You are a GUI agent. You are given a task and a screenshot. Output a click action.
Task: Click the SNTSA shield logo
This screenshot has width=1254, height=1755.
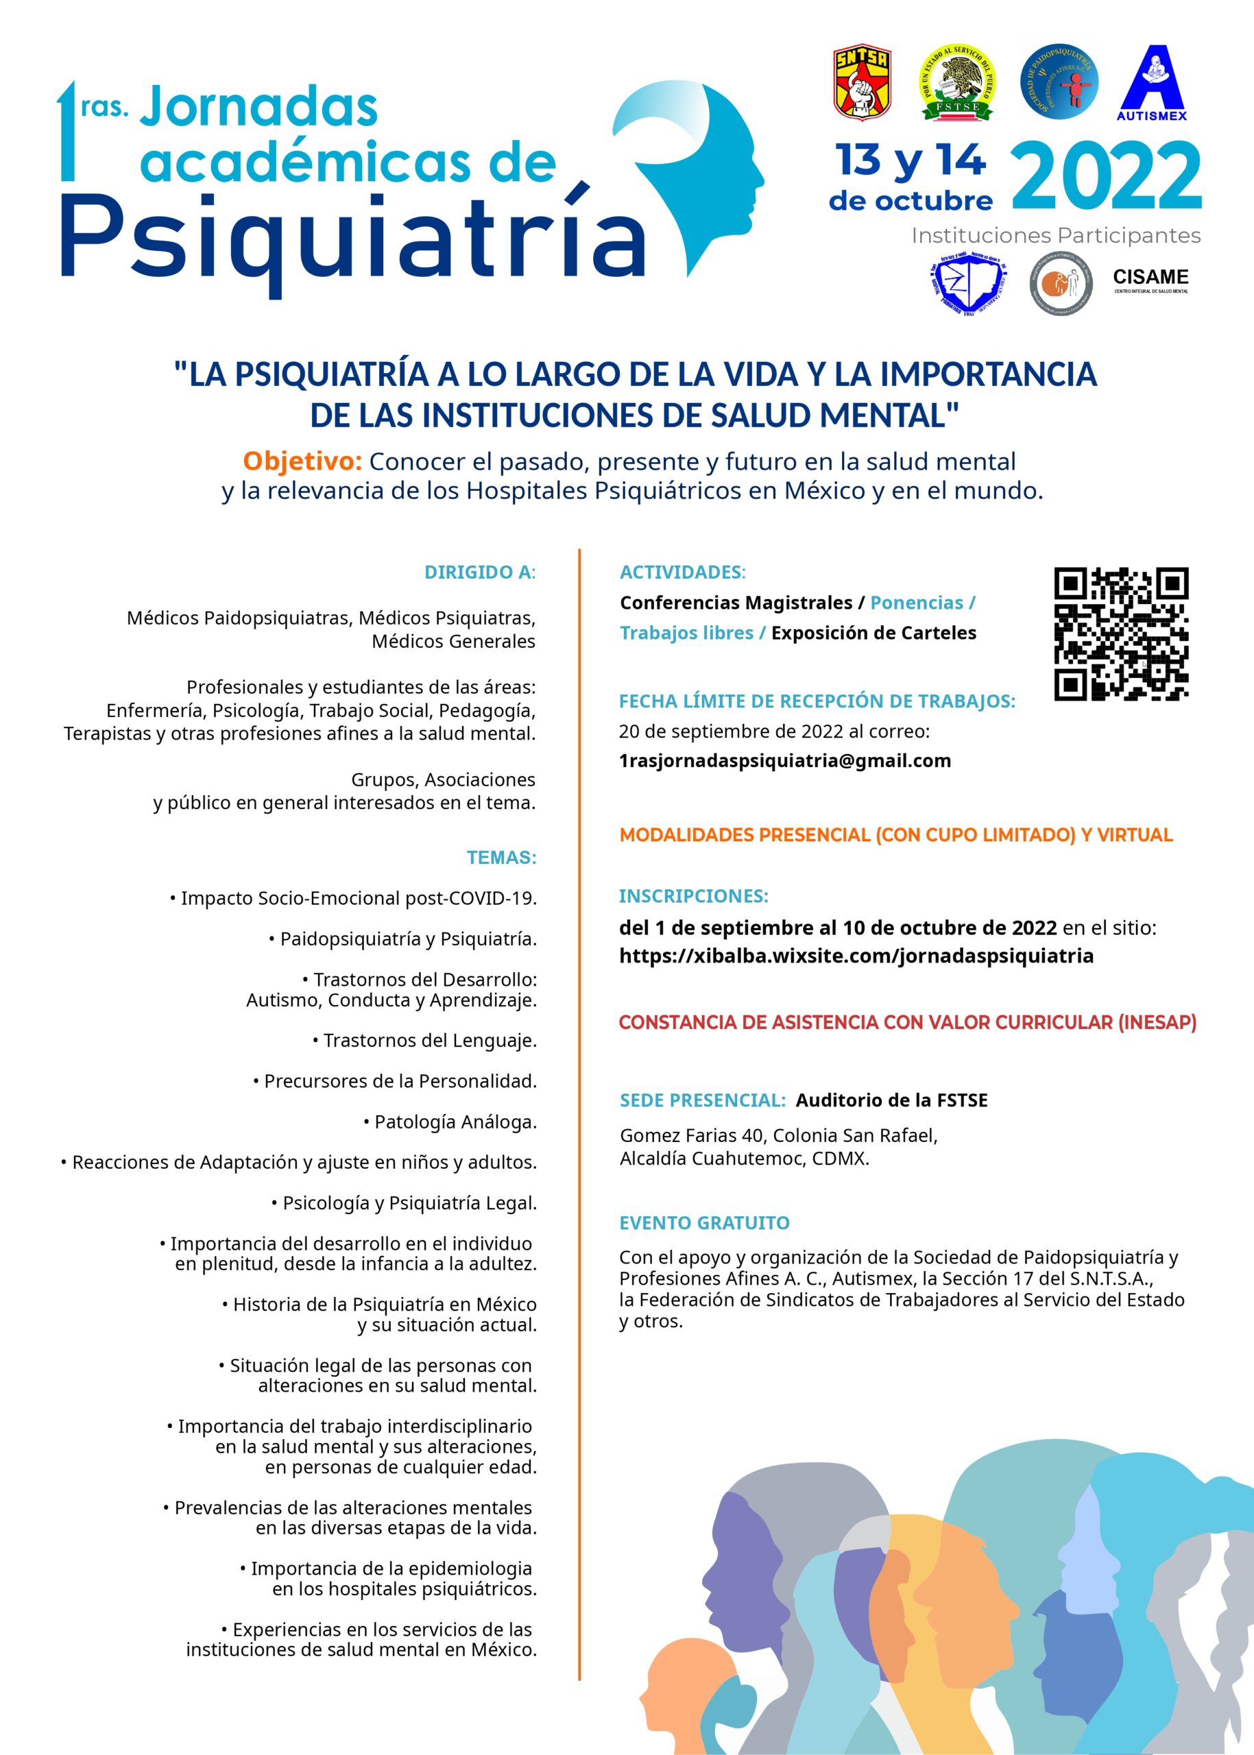click(x=863, y=83)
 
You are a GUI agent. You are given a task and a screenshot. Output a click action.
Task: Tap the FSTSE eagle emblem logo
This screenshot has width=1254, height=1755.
click(x=956, y=83)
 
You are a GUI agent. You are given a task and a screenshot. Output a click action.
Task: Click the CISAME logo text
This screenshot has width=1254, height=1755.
click(x=1150, y=278)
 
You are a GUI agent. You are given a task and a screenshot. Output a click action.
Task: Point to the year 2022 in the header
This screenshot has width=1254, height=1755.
click(x=1106, y=178)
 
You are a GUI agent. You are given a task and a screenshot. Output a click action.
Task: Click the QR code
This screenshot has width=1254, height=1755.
click(x=1120, y=634)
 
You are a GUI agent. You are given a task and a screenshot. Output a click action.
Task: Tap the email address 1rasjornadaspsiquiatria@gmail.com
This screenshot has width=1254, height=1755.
click(x=784, y=760)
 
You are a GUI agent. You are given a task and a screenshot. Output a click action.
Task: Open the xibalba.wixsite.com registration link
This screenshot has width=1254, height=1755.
click(x=856, y=956)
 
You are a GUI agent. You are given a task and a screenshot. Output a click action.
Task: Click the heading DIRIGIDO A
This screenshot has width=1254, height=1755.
click(x=479, y=572)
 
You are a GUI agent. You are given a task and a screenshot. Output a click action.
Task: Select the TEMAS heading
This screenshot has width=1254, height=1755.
click(x=501, y=857)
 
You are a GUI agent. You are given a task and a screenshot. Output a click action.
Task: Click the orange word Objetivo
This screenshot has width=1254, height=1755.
click(x=302, y=461)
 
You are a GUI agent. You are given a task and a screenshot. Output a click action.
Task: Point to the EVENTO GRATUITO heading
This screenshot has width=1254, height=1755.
click(x=704, y=1223)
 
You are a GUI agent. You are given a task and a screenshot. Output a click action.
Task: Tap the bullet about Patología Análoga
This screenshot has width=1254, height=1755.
click(x=450, y=1122)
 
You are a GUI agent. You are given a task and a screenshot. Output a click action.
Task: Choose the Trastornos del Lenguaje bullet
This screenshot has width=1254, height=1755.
click(x=424, y=1040)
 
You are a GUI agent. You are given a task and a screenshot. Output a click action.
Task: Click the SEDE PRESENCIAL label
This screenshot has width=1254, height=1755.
click(x=702, y=1100)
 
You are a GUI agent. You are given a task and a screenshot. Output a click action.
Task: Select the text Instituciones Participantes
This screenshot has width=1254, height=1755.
click(x=1056, y=236)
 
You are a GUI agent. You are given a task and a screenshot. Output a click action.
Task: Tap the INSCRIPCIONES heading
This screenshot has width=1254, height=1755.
click(x=693, y=897)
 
